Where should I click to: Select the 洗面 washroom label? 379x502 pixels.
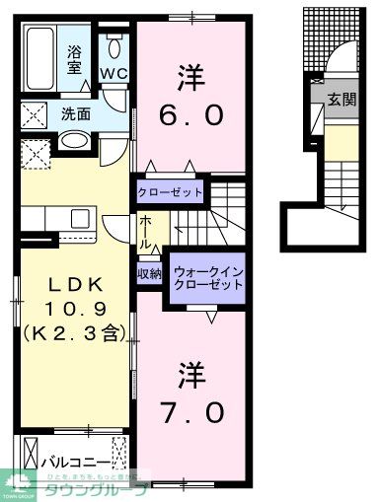(76, 113)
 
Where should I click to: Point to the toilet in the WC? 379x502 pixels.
(115, 46)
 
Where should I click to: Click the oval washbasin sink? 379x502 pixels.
(74, 141)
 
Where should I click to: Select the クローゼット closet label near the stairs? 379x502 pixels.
(171, 191)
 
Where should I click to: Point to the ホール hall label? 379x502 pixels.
(145, 230)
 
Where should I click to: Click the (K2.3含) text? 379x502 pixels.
(71, 333)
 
